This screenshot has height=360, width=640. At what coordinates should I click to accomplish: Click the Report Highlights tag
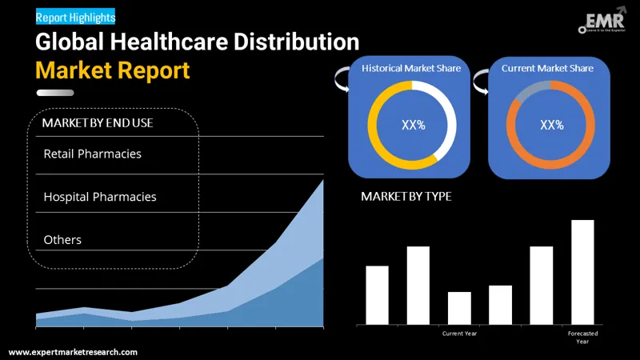(x=76, y=16)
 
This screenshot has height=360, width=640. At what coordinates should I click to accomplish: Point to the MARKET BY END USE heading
(x=98, y=123)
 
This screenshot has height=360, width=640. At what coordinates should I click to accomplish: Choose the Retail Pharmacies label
(x=92, y=154)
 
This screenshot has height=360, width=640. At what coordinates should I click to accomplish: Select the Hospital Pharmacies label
(x=100, y=197)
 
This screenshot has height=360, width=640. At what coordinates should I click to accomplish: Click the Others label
(x=62, y=240)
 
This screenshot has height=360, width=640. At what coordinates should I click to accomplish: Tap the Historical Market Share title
(x=411, y=69)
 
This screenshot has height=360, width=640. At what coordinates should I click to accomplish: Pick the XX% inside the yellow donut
(x=413, y=125)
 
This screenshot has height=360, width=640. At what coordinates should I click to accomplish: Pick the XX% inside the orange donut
(x=552, y=125)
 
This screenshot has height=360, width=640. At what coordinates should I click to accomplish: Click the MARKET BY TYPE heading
(x=406, y=197)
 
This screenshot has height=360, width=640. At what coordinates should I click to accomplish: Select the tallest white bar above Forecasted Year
(x=582, y=272)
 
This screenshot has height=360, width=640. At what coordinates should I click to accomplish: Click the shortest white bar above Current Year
(x=459, y=308)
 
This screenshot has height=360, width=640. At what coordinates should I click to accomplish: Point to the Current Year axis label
(x=459, y=333)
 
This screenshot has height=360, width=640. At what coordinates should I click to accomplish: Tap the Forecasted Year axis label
(x=582, y=337)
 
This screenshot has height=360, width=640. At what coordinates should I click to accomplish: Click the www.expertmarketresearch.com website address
(x=73, y=352)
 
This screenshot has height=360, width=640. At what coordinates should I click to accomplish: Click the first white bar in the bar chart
(x=377, y=294)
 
